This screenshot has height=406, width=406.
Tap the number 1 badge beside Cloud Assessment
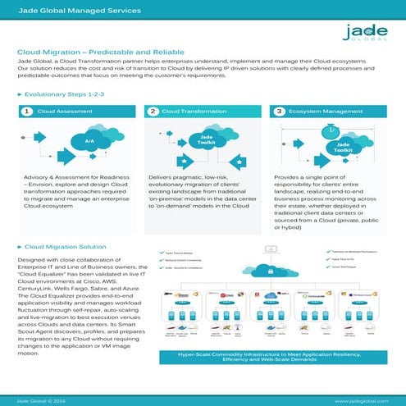click(x=27, y=111)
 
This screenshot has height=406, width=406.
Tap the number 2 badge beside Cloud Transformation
click(x=153, y=111)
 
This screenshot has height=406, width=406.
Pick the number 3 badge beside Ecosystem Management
click(x=280, y=111)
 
